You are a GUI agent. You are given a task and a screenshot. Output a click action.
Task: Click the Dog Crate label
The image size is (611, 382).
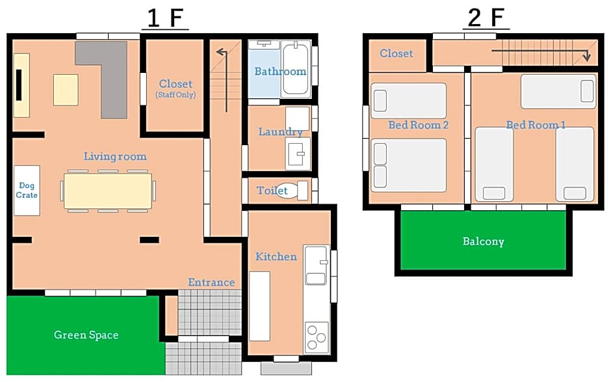point(27,191)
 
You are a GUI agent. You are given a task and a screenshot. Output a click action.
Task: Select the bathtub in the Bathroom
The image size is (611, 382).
point(295,70)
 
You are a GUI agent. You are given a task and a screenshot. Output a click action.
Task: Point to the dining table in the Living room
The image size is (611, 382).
point(108,191)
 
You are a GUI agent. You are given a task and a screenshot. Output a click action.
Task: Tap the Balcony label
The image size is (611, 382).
point(483,241)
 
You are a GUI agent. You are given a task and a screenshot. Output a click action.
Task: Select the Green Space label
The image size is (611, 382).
point(86,335)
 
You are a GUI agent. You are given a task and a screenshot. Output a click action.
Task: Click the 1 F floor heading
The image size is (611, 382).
point(165,18)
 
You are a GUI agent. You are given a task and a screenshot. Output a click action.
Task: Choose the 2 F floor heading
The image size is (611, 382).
point(486,18)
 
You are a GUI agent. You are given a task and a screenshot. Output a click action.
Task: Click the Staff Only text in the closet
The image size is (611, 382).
point(175,95)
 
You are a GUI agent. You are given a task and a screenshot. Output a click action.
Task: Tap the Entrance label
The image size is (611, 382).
point(211,282)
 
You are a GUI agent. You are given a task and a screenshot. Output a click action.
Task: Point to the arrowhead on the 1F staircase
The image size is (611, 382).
point(221,51)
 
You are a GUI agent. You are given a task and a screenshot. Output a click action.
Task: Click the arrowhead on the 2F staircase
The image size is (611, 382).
point(586,57)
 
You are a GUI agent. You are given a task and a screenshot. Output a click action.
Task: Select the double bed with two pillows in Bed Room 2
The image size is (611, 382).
point(409,165)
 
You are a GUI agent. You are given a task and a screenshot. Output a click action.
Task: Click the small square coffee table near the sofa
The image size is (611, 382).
point(66,90)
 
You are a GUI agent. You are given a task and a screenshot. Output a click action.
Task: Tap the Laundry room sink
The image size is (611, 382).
point(298,154)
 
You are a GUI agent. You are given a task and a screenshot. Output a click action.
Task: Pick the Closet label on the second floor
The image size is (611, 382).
point(396,53)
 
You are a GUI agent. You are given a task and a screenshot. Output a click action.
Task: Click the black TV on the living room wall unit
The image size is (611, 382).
point(18,85)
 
